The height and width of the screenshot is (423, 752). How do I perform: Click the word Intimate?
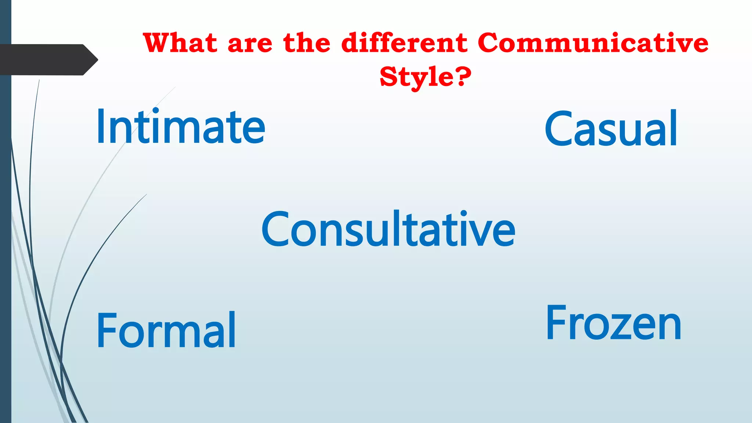coord(180,127)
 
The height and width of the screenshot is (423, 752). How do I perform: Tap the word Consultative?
coord(388,229)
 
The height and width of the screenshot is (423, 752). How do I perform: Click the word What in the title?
coord(180,43)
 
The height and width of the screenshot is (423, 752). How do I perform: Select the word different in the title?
coord(404,43)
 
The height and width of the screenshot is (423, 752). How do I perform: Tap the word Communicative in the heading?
coord(593,43)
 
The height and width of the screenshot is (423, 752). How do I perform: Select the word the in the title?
coord(307,43)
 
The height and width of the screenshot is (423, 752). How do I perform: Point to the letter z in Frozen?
coord(623,326)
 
